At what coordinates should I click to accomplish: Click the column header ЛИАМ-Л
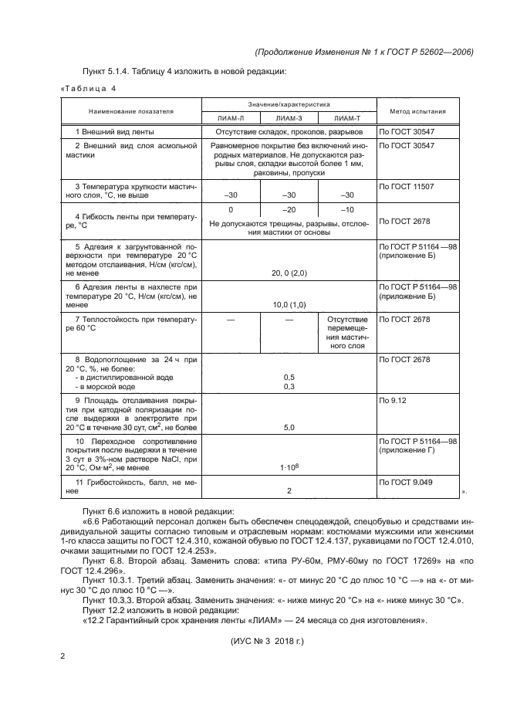pos(231,118)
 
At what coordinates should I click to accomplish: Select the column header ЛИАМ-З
pos(289,118)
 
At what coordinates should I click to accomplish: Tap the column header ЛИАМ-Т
pos(347,118)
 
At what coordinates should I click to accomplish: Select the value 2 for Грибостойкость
pos(289,490)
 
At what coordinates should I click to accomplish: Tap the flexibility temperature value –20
pos(289,210)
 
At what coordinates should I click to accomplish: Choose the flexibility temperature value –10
pos(347,210)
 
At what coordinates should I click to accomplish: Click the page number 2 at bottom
pos(62,656)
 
